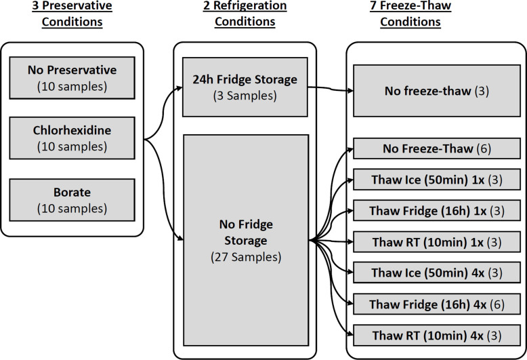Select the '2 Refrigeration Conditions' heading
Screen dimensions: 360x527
click(x=245, y=14)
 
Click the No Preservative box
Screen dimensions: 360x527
click(x=71, y=77)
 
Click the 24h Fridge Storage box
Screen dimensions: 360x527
click(x=245, y=87)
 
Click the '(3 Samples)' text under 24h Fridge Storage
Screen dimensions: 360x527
click(x=245, y=96)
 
